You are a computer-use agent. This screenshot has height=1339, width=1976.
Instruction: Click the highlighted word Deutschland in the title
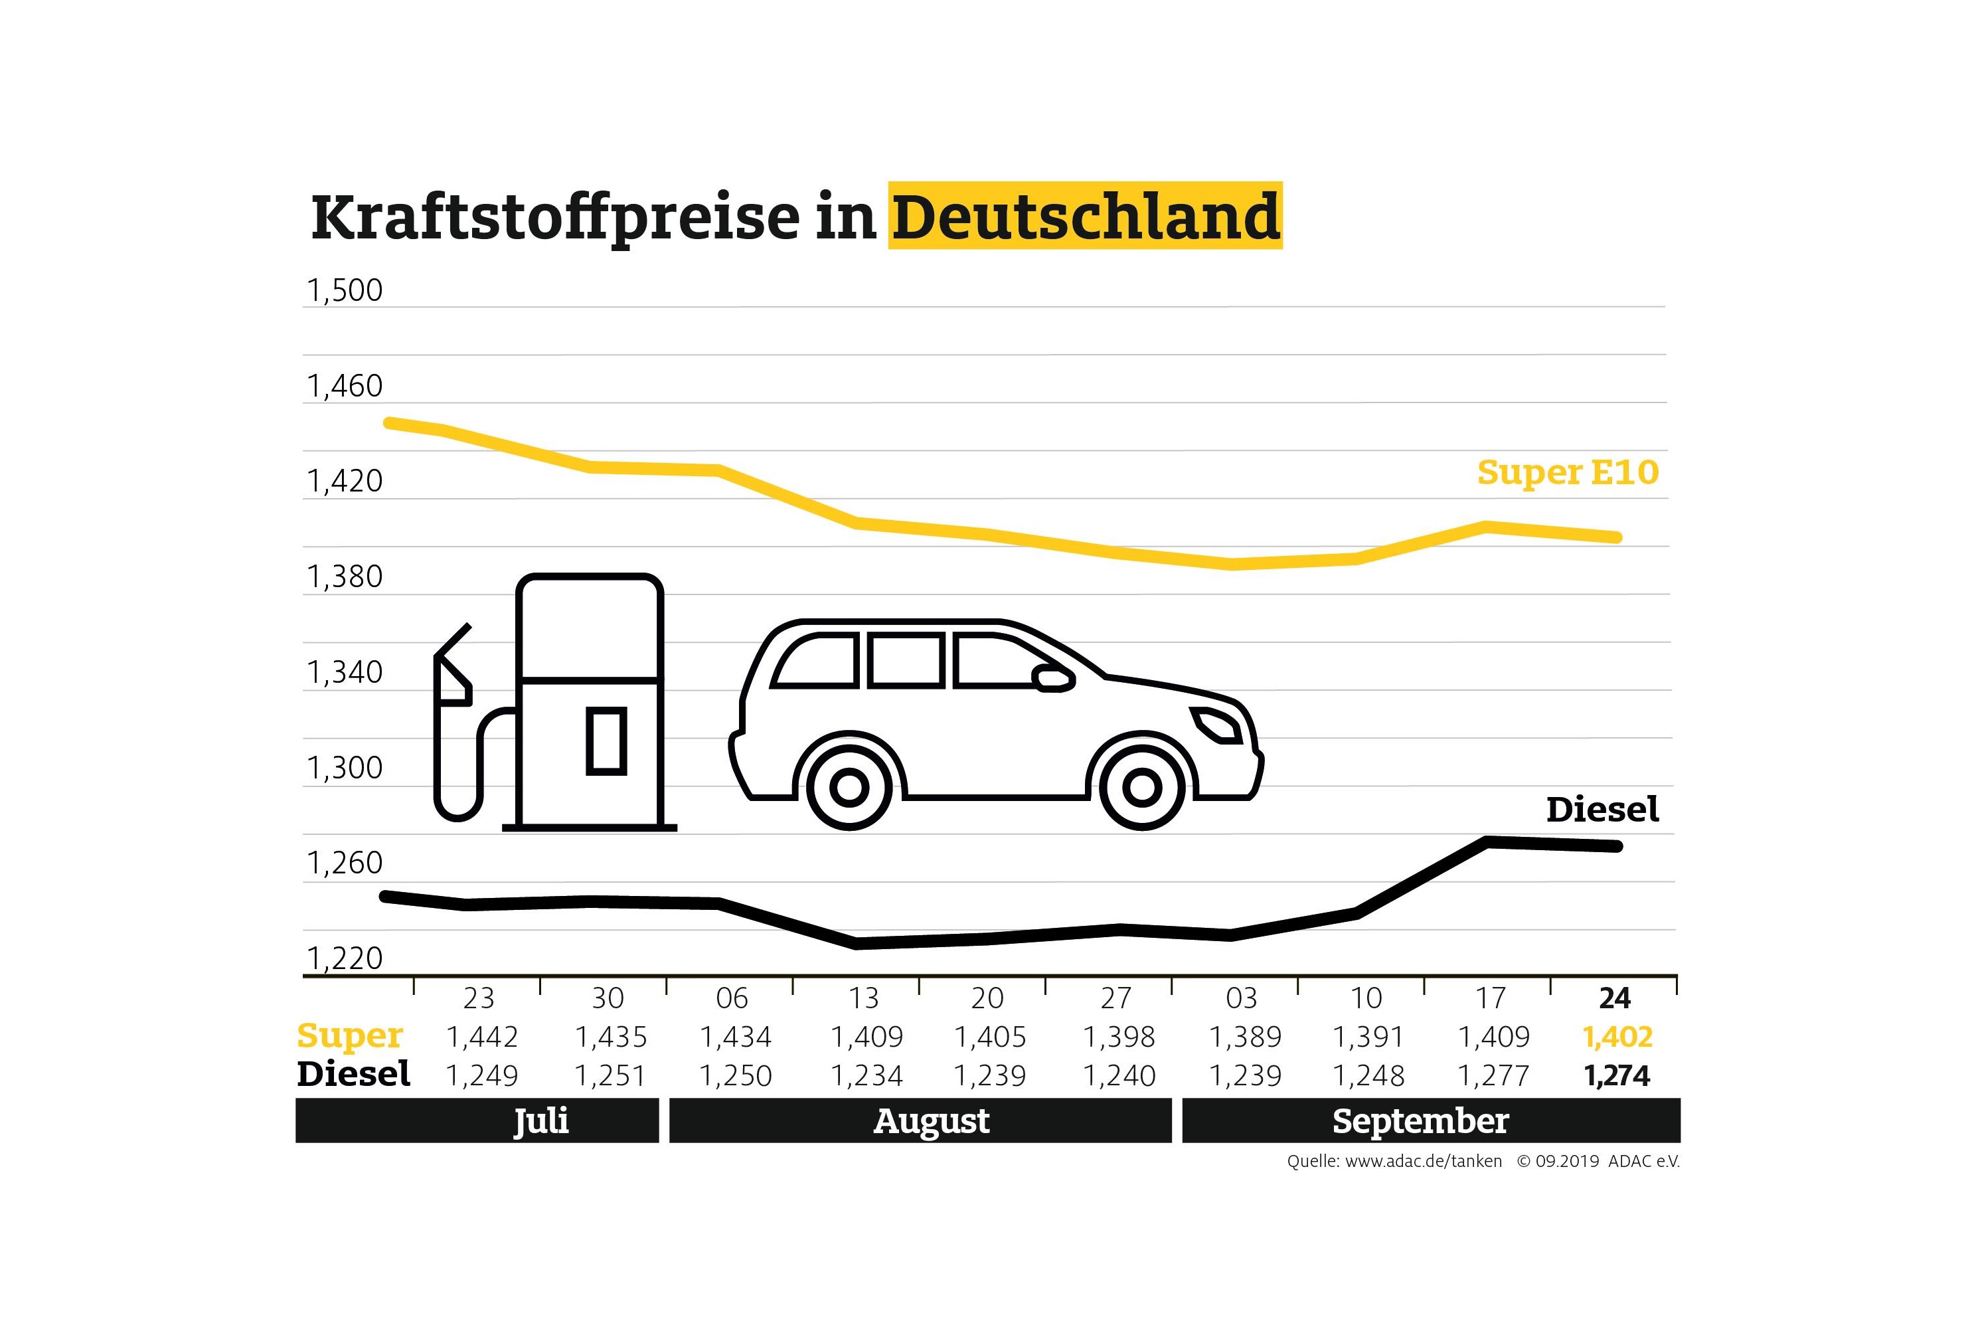(x=1085, y=216)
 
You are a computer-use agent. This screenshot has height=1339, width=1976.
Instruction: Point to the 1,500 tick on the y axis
(x=345, y=291)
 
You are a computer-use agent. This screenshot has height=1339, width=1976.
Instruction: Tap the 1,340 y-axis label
(x=345, y=673)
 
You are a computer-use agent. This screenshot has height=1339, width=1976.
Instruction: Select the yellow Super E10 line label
(x=1567, y=473)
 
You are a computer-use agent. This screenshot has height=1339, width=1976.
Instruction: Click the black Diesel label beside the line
(x=1602, y=810)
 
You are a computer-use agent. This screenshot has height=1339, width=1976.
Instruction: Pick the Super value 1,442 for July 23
(x=481, y=1037)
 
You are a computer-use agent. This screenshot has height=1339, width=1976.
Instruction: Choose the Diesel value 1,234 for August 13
(x=866, y=1076)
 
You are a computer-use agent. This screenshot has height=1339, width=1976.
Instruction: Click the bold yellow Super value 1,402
(x=1617, y=1037)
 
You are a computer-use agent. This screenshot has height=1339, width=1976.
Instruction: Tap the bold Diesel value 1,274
(x=1617, y=1076)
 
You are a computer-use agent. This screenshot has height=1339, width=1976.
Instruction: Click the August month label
(x=931, y=1121)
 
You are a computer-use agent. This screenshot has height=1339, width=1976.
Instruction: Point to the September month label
(x=1420, y=1121)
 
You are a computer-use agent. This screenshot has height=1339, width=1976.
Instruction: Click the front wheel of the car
(x=1142, y=788)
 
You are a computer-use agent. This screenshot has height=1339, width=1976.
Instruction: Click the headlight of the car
(x=1218, y=723)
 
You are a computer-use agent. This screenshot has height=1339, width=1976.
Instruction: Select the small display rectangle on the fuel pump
(x=606, y=740)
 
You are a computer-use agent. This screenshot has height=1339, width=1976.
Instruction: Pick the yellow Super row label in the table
(x=349, y=1036)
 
